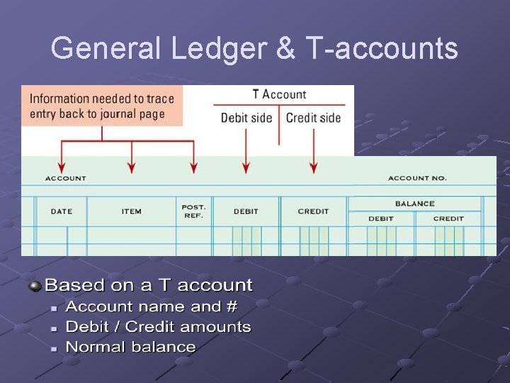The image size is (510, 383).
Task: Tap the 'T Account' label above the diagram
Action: [x=279, y=94]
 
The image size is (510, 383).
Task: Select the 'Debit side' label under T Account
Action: [x=246, y=118]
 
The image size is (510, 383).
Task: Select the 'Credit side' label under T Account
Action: [x=313, y=118]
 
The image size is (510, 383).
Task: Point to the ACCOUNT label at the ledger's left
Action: [x=65, y=179]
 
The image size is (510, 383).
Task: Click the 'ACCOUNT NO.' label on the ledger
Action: [x=417, y=179]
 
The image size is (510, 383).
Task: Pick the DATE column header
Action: [x=62, y=211]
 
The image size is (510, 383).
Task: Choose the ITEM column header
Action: [x=131, y=211]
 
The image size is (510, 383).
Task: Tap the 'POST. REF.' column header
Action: [x=193, y=211]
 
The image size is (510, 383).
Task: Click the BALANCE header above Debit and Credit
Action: [x=415, y=204]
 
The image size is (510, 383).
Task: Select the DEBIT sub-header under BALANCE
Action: [x=381, y=218]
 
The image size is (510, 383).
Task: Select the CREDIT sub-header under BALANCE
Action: [x=448, y=218]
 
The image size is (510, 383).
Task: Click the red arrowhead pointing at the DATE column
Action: [x=62, y=168]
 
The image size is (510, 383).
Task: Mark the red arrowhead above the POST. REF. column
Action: [x=193, y=168]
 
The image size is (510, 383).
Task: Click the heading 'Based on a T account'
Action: [x=149, y=285]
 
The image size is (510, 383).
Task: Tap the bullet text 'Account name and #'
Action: [x=152, y=306]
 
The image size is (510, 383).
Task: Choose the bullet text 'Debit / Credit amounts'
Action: [x=158, y=327]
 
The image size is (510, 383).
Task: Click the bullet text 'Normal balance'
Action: [x=130, y=347]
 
